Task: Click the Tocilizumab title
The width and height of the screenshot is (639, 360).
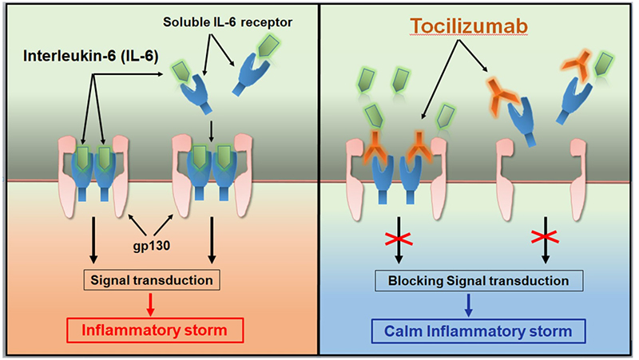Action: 469,26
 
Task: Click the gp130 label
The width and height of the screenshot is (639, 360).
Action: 151,246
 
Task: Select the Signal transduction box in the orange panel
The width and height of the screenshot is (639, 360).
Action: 152,279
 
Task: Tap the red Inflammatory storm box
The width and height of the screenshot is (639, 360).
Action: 155,330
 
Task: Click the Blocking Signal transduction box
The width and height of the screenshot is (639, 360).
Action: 478,281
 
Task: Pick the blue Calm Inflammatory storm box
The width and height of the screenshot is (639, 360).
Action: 478,331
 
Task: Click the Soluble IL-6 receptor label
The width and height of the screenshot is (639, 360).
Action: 228,22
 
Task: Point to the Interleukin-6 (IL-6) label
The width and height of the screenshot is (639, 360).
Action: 90,56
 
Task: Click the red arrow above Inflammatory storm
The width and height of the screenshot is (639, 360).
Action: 150,304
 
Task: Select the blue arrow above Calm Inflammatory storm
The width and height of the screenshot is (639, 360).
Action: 468,305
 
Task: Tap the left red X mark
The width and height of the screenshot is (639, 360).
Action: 399,239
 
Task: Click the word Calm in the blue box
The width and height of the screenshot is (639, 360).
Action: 403,331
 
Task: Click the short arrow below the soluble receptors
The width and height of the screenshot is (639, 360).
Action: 211,131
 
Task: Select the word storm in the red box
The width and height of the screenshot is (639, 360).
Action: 206,330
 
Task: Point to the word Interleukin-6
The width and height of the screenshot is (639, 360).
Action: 68,56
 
